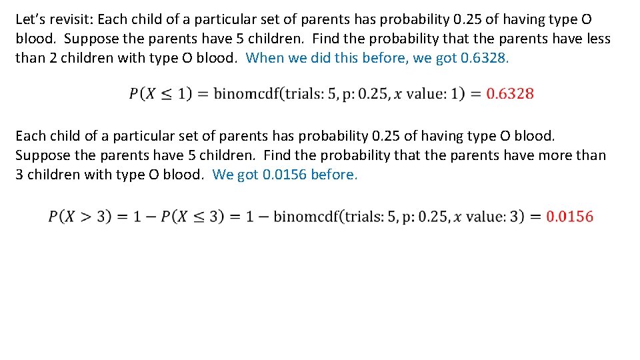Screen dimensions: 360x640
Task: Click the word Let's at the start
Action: click(x=31, y=20)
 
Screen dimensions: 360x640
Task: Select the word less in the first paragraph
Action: click(x=597, y=39)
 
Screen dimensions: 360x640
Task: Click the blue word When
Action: click(x=265, y=57)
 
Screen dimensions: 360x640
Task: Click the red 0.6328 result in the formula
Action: click(x=510, y=93)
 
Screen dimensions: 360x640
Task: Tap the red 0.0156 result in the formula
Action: click(x=569, y=216)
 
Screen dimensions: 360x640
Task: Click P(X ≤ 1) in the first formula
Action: click(x=161, y=93)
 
